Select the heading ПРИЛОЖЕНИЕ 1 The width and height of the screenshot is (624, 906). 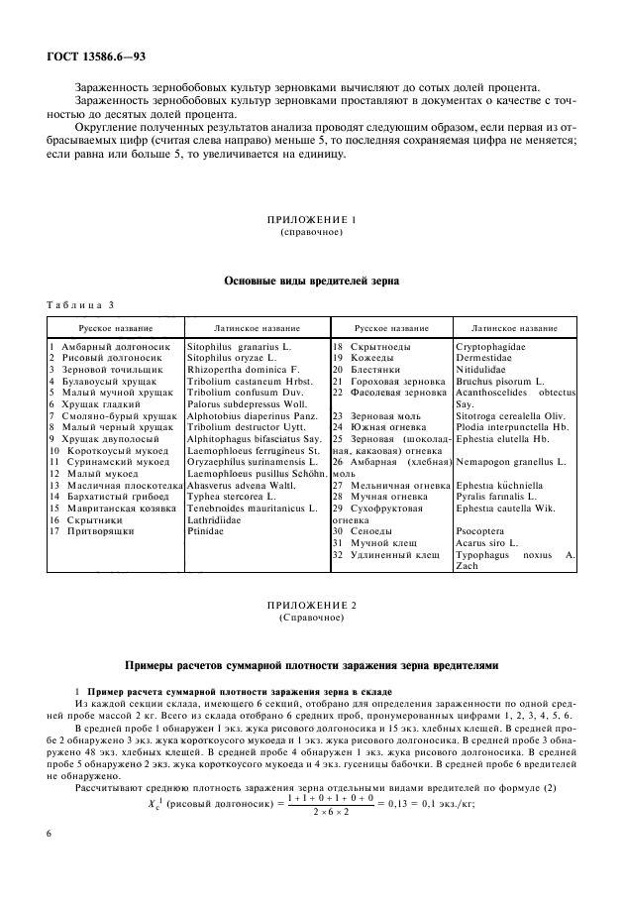(311, 218)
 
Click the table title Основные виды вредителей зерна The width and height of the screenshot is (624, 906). (312, 282)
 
